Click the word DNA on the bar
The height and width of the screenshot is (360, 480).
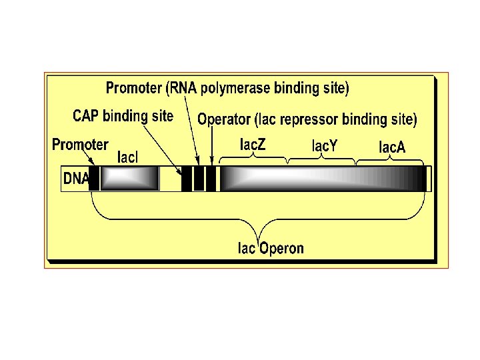(75, 179)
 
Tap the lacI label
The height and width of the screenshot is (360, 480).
(127, 157)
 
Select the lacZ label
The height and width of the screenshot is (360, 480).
(252, 144)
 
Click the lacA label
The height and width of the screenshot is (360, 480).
(392, 147)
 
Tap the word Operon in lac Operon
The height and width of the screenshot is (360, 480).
(281, 249)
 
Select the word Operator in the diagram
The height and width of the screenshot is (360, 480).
(224, 120)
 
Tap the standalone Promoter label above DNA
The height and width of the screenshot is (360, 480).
(80, 144)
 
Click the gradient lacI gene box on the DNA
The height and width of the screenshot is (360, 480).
(130, 179)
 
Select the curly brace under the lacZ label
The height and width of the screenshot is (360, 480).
(253, 157)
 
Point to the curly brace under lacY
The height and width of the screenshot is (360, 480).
(322, 159)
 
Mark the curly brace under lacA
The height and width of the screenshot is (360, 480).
(391, 160)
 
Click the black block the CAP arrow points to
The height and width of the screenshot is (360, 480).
(187, 179)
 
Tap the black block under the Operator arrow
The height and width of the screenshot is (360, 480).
(211, 179)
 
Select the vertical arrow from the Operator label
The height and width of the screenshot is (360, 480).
(211, 147)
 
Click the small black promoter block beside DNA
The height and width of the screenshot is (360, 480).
(94, 179)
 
